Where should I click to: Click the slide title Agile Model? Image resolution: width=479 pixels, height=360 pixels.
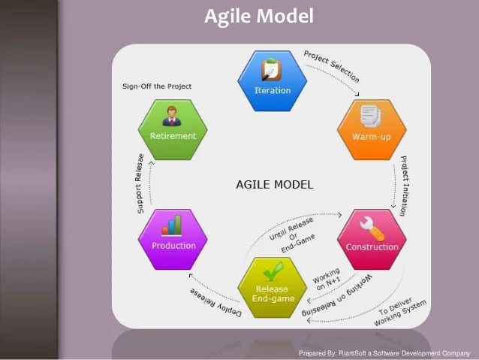(x=259, y=17)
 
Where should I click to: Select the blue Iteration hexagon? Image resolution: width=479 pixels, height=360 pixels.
(x=272, y=80)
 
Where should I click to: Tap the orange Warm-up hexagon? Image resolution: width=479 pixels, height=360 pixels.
(x=372, y=129)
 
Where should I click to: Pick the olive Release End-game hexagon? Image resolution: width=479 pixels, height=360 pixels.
(x=271, y=287)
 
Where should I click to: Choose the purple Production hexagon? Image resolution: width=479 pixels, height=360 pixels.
(x=173, y=239)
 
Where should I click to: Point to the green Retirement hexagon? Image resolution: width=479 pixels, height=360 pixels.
(x=173, y=129)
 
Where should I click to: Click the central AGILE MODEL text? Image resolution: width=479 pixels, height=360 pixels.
(x=275, y=184)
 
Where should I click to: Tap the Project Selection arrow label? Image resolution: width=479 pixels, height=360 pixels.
(x=331, y=66)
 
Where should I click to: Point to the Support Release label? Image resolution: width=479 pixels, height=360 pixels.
(x=140, y=184)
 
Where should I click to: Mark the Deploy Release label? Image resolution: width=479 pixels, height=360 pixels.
(x=212, y=301)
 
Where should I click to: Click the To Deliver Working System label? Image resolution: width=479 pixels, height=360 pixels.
(x=401, y=312)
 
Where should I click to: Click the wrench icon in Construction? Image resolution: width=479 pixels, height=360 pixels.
(x=372, y=226)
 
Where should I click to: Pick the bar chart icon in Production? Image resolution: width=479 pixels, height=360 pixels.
(x=173, y=225)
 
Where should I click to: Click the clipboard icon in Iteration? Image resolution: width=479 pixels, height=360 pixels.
(x=271, y=70)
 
